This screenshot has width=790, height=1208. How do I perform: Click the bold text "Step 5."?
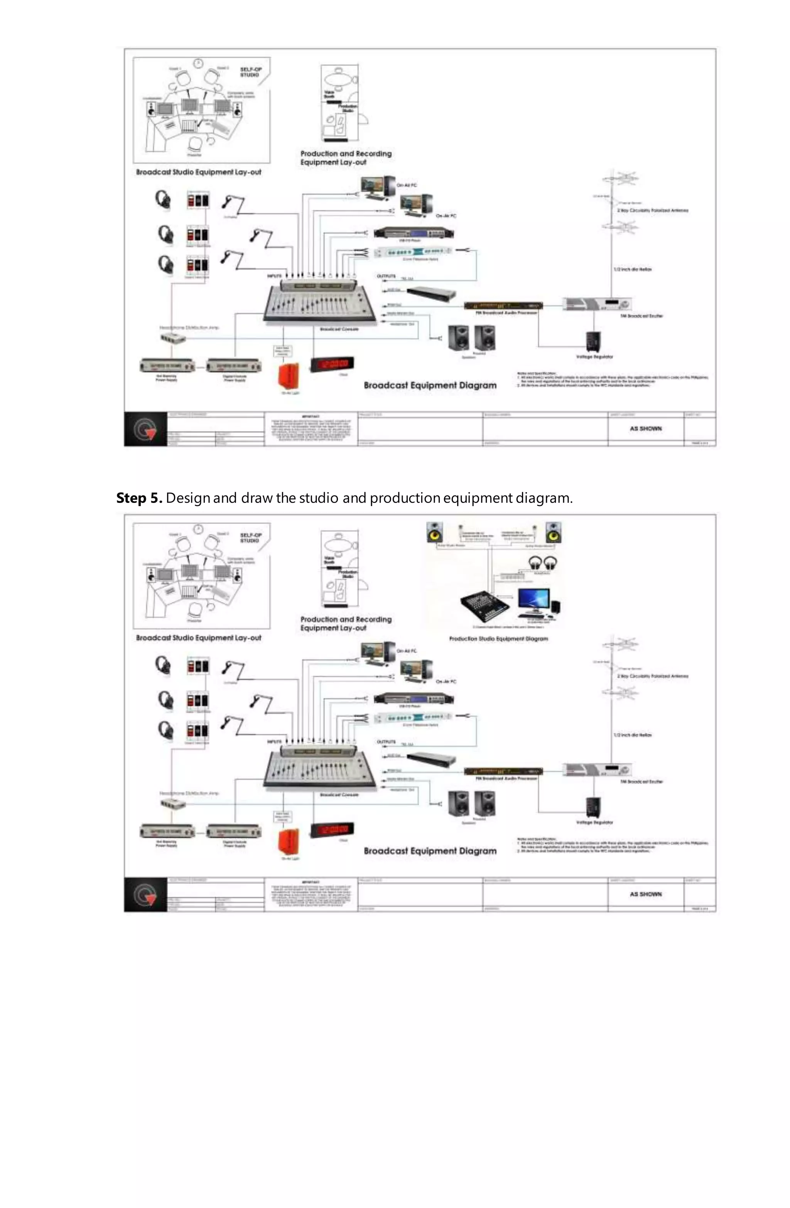[138, 498]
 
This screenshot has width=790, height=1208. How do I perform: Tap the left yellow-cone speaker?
[435, 533]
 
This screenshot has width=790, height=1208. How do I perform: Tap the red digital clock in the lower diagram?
[332, 829]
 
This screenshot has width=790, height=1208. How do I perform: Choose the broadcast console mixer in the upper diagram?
[320, 302]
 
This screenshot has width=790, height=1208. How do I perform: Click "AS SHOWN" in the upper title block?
[645, 429]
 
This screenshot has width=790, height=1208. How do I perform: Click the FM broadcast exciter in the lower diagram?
[598, 769]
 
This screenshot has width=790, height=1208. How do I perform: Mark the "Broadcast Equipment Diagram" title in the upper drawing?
[430, 385]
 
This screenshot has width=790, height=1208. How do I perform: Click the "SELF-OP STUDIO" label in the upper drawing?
[250, 72]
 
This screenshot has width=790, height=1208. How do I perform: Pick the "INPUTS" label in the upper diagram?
[274, 276]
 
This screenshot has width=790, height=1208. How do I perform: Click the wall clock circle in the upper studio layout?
[199, 62]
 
